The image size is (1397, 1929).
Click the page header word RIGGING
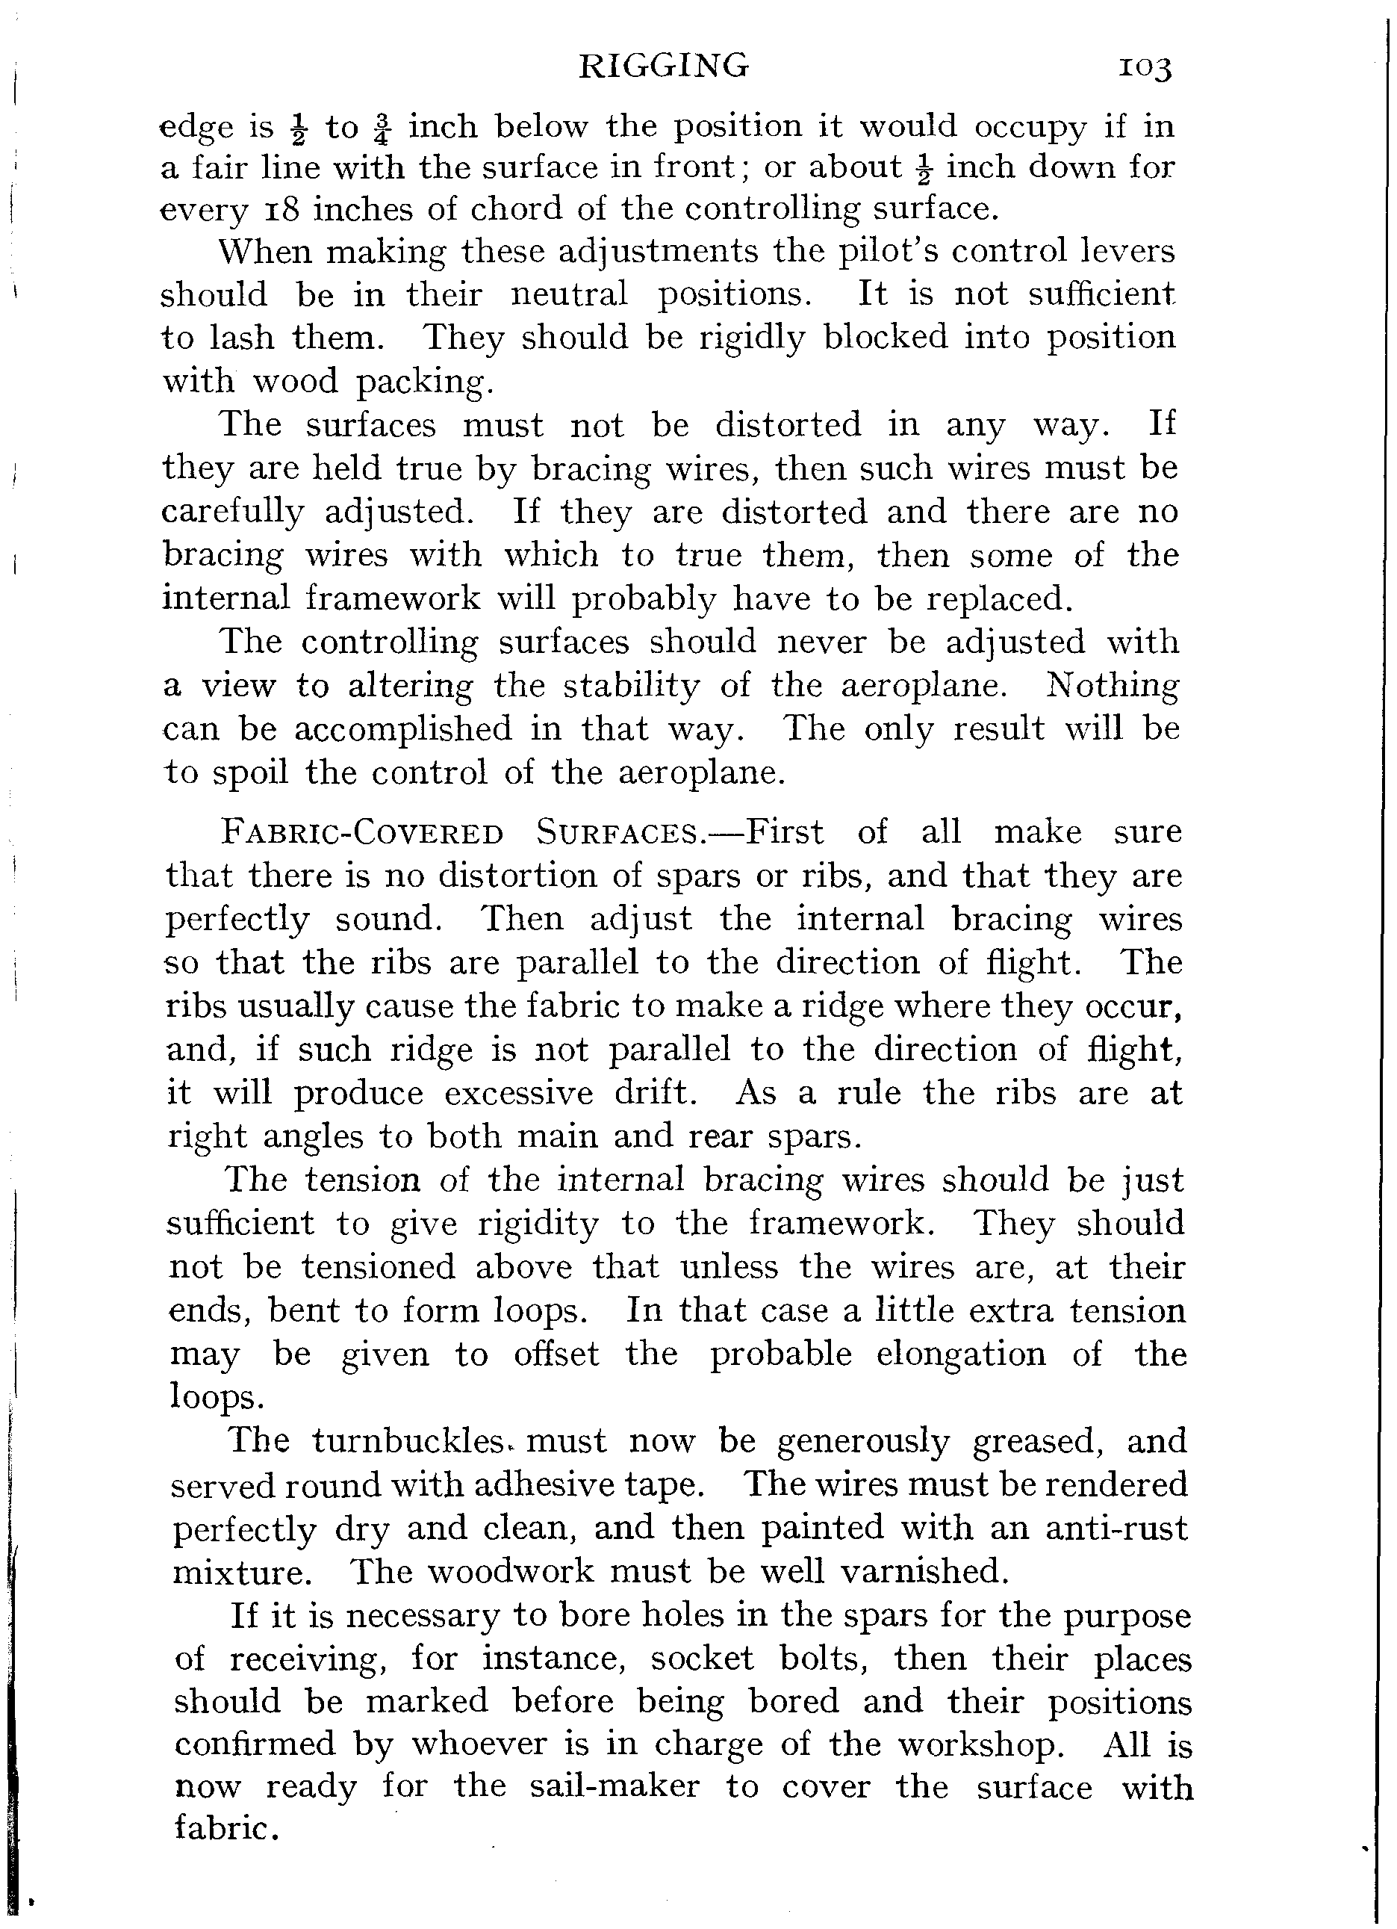click(663, 66)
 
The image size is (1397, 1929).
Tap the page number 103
click(1145, 68)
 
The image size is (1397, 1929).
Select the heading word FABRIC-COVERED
click(362, 833)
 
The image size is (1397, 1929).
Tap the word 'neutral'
click(570, 295)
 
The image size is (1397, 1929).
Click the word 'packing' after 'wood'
click(422, 383)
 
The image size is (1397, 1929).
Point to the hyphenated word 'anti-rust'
click(1116, 1529)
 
